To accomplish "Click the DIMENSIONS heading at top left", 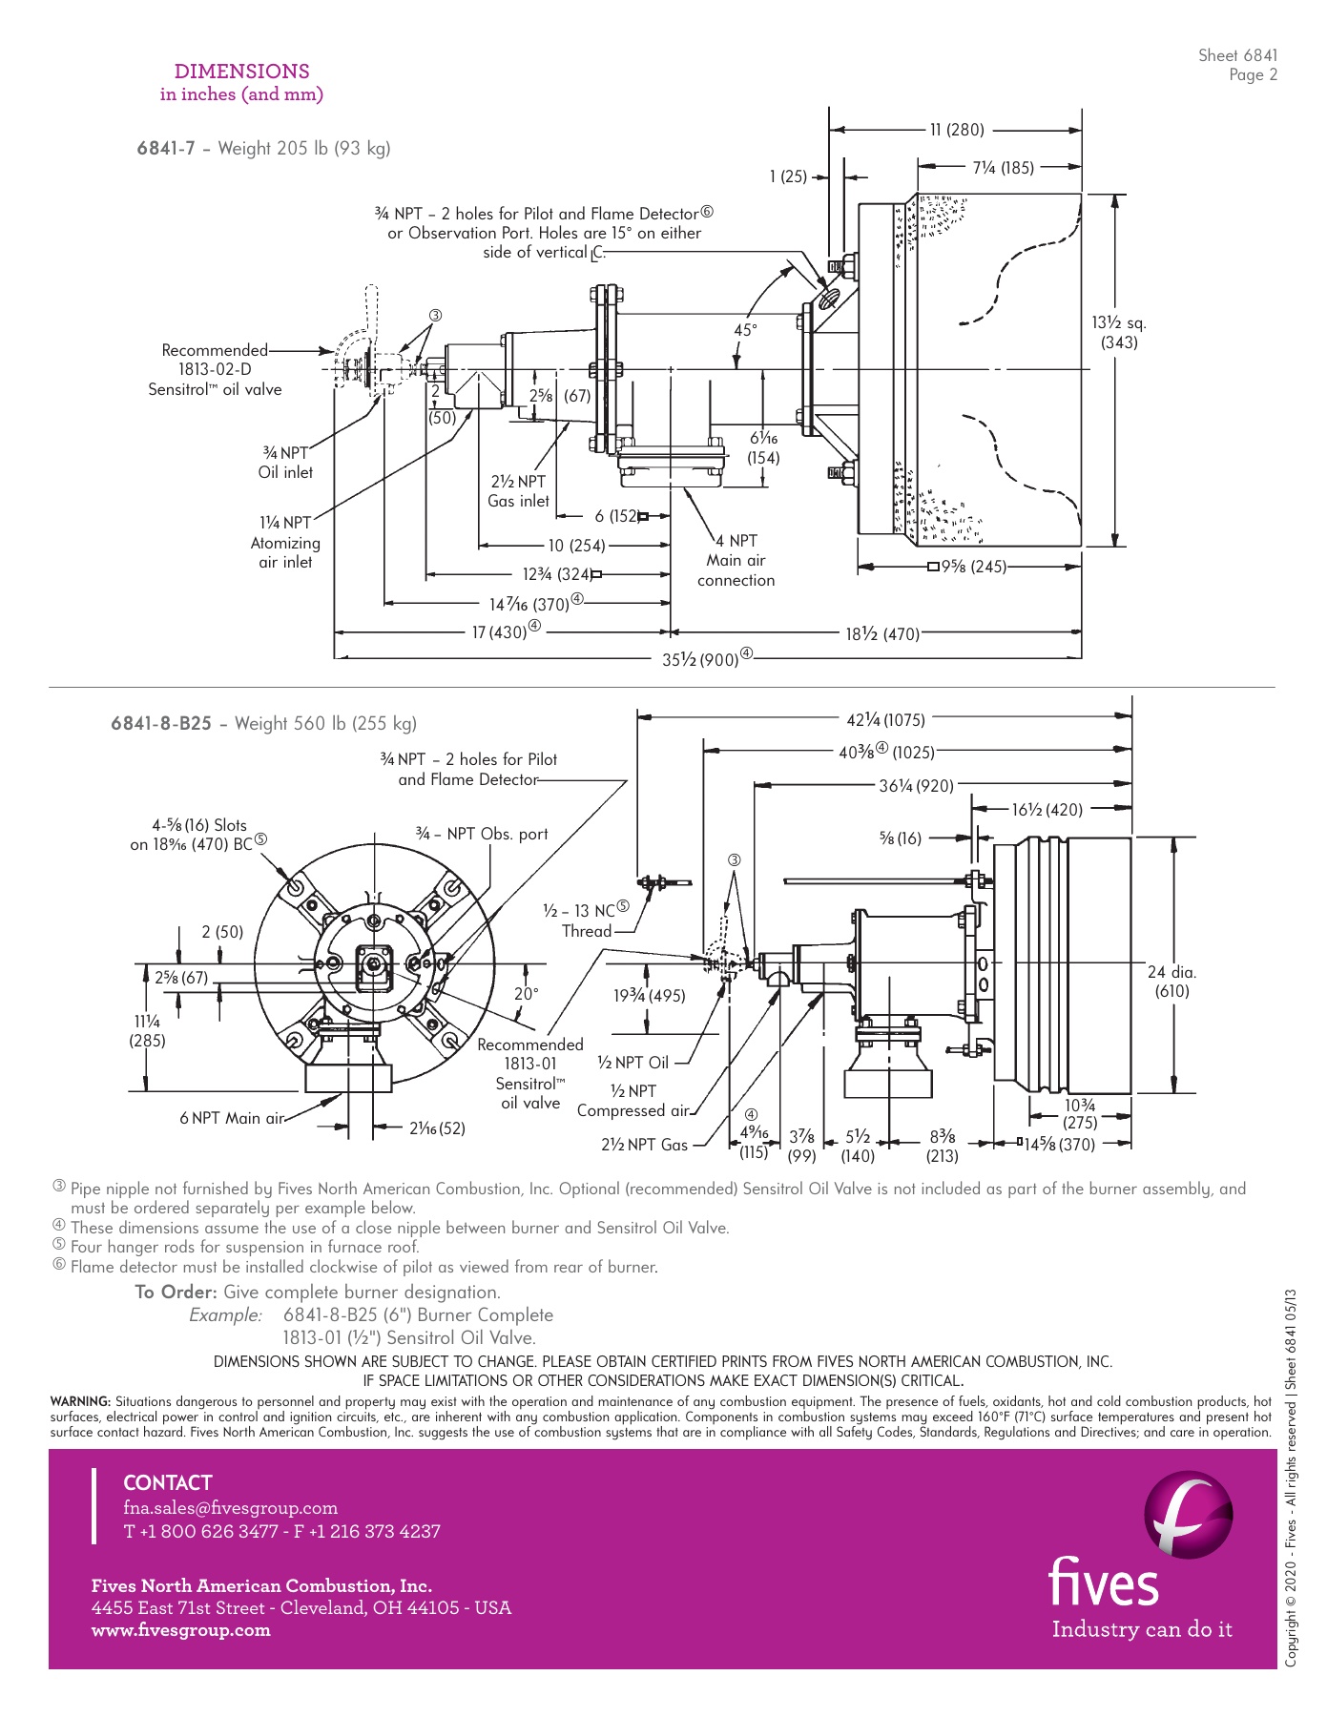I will [x=241, y=72].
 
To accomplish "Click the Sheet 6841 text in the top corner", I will [x=1237, y=55].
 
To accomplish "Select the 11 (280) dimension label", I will [x=957, y=130].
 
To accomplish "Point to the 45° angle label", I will [x=745, y=330].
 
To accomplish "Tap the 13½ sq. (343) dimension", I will [x=1119, y=333].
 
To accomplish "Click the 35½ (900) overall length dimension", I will [x=701, y=659].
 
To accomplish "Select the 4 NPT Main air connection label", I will [x=736, y=560].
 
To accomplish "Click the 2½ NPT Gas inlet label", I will [x=518, y=491].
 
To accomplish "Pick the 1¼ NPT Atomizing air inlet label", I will [x=285, y=542].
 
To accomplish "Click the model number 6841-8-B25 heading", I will [x=161, y=723].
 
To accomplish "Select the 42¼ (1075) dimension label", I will [x=885, y=720].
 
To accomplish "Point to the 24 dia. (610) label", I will [x=1171, y=982].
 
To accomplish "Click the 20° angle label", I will [x=526, y=994].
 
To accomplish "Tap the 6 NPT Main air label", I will [x=232, y=1118].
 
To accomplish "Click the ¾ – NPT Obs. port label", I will [x=482, y=834].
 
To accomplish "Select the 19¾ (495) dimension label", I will [x=649, y=996].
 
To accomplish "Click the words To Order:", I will [x=176, y=1292].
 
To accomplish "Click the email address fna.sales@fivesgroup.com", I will [x=230, y=1508].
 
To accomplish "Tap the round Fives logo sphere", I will [x=1188, y=1514].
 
